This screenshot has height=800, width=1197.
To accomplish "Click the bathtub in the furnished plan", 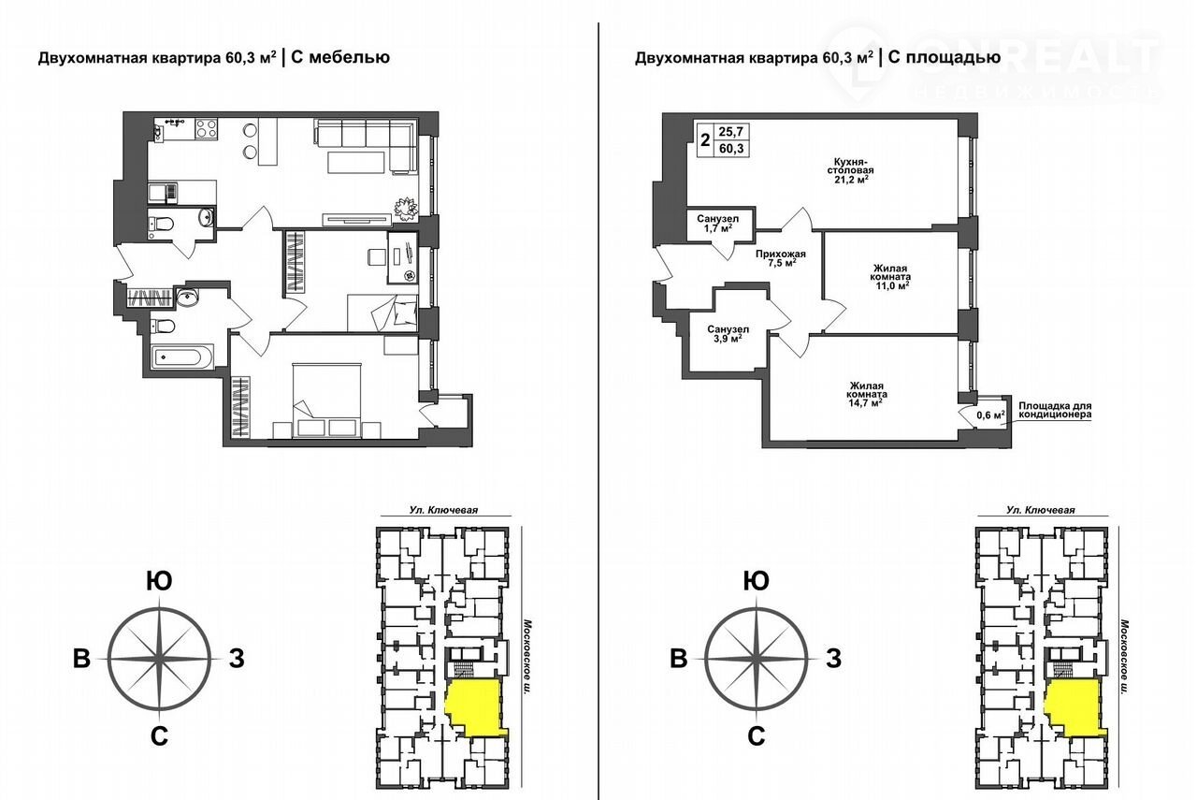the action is click(182, 357).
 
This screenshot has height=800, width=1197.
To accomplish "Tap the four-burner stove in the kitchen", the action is click(207, 128).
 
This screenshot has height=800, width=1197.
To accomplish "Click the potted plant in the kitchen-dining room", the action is click(406, 208).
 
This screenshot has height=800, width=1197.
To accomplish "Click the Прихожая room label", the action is click(781, 254).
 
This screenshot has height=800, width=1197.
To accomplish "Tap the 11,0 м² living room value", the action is click(890, 285).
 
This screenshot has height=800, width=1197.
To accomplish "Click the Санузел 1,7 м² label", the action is click(717, 223).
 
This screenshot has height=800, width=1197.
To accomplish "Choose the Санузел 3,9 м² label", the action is click(728, 334).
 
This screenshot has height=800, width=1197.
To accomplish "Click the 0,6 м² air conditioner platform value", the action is click(990, 415).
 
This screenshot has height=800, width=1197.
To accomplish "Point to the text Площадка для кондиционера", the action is click(1055, 410).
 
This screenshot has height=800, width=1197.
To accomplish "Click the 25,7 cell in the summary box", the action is click(731, 131).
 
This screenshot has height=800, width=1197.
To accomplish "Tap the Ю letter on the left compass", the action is click(159, 581).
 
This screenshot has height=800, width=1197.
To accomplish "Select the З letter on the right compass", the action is click(833, 659).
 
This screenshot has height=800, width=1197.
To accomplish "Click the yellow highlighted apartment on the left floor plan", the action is click(473, 707).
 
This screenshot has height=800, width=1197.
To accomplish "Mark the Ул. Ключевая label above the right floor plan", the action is click(1041, 510).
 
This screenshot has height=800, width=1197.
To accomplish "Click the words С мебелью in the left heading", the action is click(340, 57).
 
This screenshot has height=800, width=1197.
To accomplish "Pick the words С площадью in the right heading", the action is click(945, 57).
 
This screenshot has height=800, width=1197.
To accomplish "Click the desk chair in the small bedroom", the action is click(376, 256).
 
